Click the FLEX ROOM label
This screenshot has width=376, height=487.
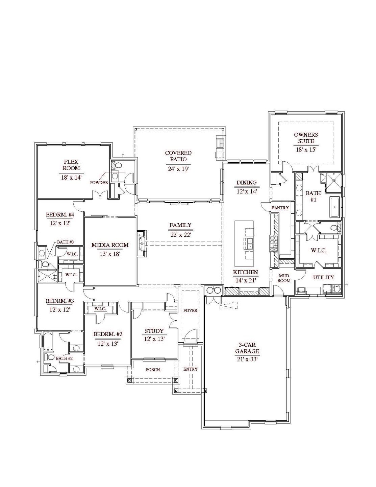point(71,165)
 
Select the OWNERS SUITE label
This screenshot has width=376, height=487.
point(306,138)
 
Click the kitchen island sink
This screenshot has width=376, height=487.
point(248,243)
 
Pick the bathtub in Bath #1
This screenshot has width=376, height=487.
point(334,207)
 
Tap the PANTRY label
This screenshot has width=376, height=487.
point(280,208)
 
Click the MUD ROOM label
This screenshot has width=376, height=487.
point(284,278)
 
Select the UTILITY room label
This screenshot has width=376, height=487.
point(323,277)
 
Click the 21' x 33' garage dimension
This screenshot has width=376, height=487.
point(247,359)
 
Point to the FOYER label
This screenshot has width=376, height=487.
point(190,310)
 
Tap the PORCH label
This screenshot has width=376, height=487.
point(153,369)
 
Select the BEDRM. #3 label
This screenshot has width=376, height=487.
point(60,301)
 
